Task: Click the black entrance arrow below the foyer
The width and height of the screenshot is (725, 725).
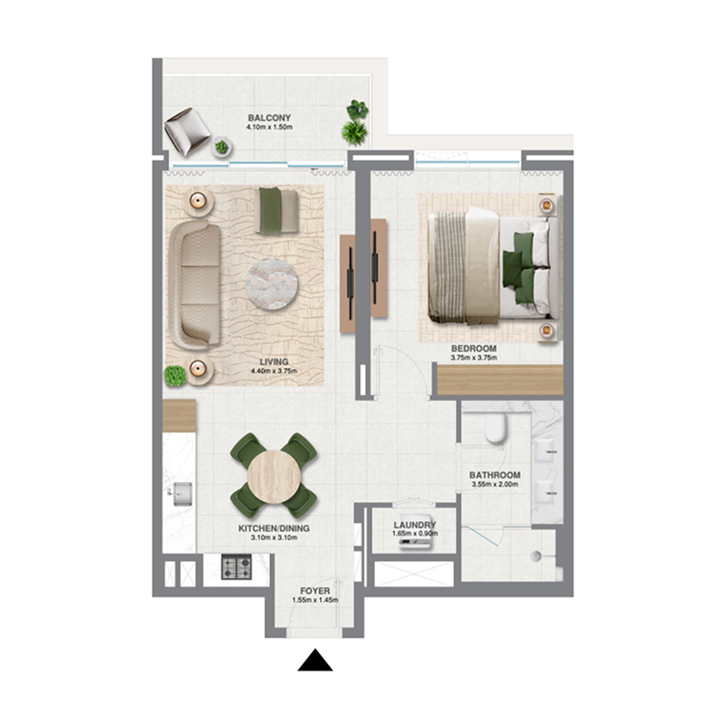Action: click(315, 661)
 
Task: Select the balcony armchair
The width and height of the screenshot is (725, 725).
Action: click(187, 130)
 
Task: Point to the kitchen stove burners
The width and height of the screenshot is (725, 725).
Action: click(237, 568)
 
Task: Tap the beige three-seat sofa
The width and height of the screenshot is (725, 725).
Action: click(195, 284)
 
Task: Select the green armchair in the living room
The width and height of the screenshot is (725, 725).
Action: click(276, 210)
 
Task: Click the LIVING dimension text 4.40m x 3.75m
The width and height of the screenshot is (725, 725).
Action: click(274, 371)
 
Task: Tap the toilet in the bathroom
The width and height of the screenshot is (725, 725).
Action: click(496, 428)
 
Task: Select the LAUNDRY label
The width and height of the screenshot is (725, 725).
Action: click(416, 525)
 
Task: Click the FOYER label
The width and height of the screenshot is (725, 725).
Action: click(314, 591)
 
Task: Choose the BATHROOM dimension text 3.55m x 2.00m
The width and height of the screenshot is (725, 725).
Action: click(494, 485)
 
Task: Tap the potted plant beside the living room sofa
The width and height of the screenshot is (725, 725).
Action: click(174, 374)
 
